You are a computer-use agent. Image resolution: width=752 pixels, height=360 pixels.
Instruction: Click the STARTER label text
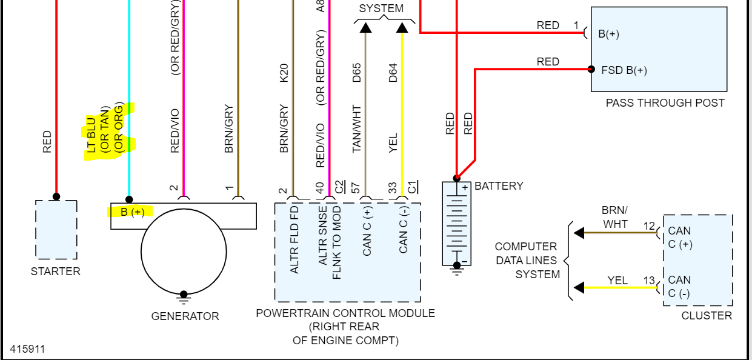[x=56, y=272]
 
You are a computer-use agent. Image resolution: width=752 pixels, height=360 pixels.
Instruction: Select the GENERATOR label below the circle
[x=185, y=316]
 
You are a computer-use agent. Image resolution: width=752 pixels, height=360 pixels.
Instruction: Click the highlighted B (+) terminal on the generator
[x=132, y=212]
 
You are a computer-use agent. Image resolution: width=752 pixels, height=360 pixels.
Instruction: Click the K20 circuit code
[x=285, y=73]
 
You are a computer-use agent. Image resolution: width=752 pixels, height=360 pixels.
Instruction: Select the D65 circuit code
[x=358, y=73]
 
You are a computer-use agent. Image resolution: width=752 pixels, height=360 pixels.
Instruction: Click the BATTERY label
[x=499, y=186]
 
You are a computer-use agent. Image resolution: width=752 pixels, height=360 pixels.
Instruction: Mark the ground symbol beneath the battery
[x=457, y=271]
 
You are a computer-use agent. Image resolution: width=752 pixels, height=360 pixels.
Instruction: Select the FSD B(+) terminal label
[x=624, y=70]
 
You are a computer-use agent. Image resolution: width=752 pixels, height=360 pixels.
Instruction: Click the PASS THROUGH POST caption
[x=665, y=103]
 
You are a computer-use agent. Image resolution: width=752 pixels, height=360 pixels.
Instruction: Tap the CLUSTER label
[x=707, y=315]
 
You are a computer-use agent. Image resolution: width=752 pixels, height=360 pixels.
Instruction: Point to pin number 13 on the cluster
[x=649, y=281]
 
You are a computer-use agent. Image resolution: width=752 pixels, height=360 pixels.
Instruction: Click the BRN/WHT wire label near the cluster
[x=614, y=217]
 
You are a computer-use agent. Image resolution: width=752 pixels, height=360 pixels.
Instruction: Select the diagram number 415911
[x=27, y=349]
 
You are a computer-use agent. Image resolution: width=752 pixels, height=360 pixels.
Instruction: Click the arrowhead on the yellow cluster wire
[x=579, y=287]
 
